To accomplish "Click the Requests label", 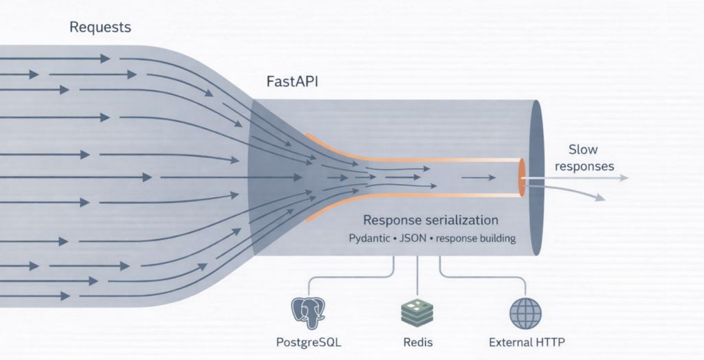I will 100,28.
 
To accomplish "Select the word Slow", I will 583,150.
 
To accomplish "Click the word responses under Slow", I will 584,166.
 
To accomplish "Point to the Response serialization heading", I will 430,221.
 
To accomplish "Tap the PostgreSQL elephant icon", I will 309,313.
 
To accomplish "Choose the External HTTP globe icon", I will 525,313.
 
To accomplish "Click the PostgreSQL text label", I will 309,341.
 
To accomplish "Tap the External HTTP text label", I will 527,341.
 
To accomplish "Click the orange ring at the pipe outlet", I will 522,177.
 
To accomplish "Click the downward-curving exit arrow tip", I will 602,199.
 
